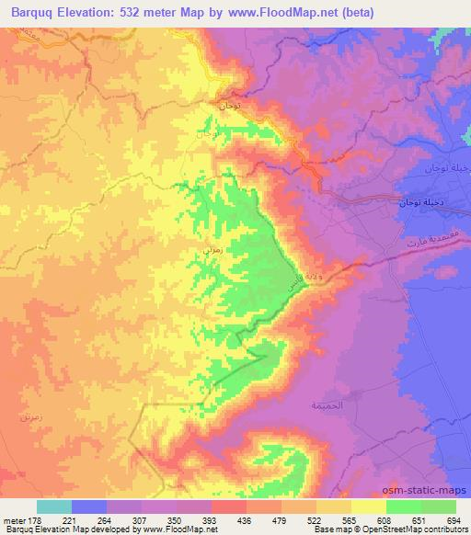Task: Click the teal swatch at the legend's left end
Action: [54, 506]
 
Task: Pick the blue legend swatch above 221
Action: [89, 506]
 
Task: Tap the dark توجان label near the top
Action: [229, 107]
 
